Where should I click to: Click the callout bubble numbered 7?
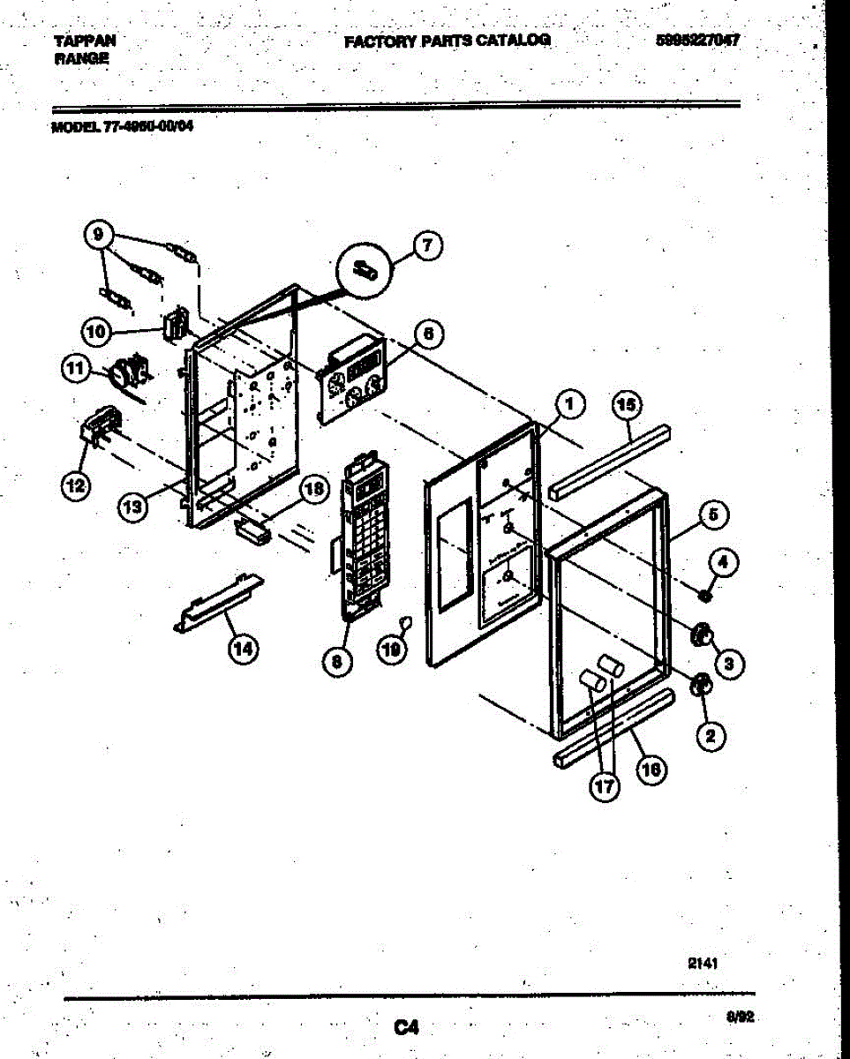[x=426, y=247]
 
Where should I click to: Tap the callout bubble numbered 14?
[x=243, y=649]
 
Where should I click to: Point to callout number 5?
[x=711, y=513]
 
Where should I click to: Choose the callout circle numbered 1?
[x=570, y=405]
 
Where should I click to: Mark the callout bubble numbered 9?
[x=99, y=234]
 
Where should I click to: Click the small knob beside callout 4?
[x=704, y=597]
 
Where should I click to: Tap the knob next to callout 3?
[x=702, y=634]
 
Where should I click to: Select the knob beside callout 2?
[x=702, y=684]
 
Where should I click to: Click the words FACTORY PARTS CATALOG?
[x=447, y=41]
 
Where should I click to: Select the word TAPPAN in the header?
[x=85, y=41]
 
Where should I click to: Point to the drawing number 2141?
[x=703, y=965]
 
